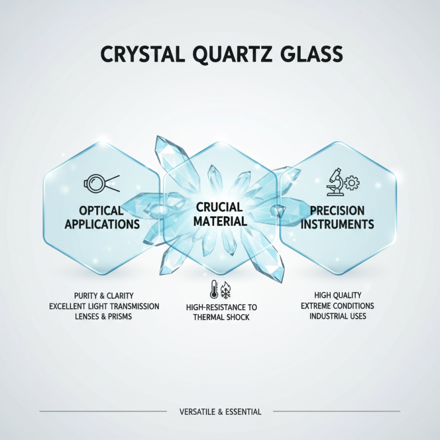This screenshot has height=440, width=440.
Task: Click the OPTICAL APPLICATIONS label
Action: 101,218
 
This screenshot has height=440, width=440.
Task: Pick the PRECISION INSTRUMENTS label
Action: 338,218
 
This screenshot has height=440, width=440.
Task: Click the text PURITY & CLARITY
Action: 104,296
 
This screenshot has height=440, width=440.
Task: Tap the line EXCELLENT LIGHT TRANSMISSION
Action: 104,306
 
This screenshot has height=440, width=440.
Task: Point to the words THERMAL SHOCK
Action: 221,317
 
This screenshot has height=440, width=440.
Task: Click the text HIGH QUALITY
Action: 338,296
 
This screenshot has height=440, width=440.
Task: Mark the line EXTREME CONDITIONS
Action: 338,306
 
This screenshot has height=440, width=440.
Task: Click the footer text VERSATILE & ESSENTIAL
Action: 220,411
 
